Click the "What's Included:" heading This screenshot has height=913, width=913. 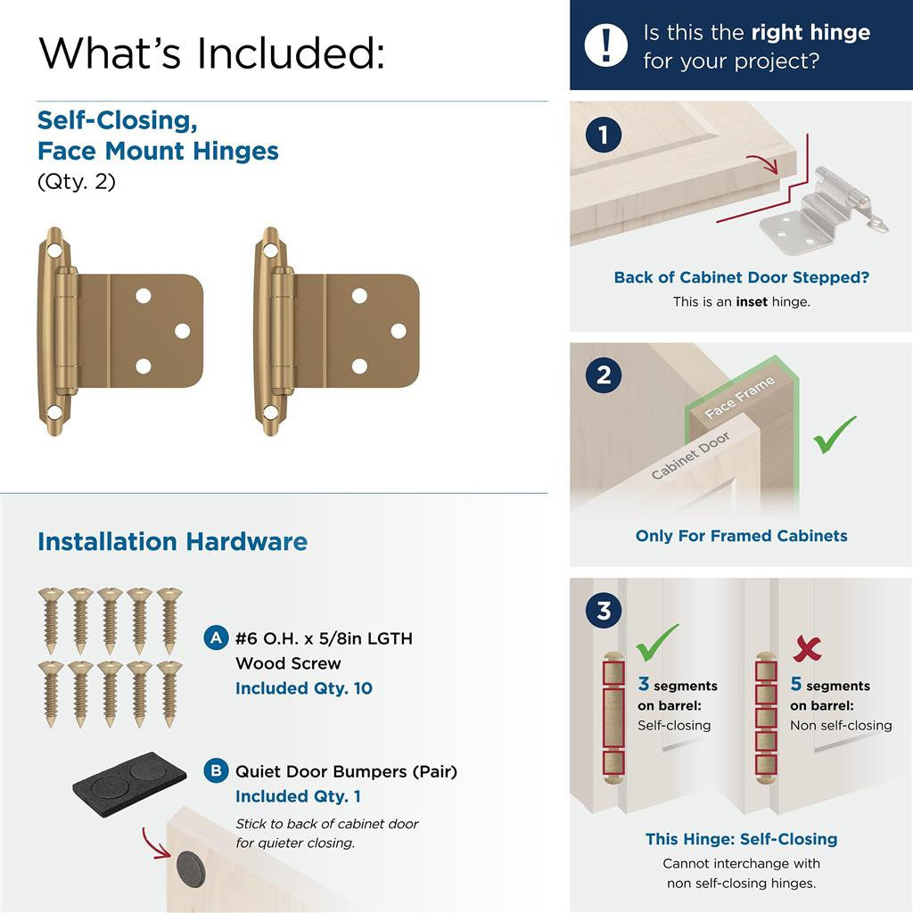click(211, 53)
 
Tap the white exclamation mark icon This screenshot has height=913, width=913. click(605, 45)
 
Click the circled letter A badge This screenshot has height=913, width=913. click(215, 638)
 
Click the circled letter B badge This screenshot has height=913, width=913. click(215, 771)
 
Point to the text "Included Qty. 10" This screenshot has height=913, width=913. click(304, 688)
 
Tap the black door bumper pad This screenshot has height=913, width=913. click(130, 779)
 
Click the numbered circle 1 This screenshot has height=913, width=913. click(604, 136)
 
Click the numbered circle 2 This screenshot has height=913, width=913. click(604, 375)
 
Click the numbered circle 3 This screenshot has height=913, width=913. click(604, 612)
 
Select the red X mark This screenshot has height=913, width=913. click(806, 648)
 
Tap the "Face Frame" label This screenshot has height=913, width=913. click(739, 398)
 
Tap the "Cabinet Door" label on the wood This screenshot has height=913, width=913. click(690, 455)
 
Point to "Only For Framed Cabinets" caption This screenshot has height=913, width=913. click(741, 536)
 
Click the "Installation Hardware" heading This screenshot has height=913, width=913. click(172, 542)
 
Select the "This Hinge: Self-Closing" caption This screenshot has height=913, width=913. click(741, 839)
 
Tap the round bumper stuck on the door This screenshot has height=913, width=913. click(190, 868)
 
